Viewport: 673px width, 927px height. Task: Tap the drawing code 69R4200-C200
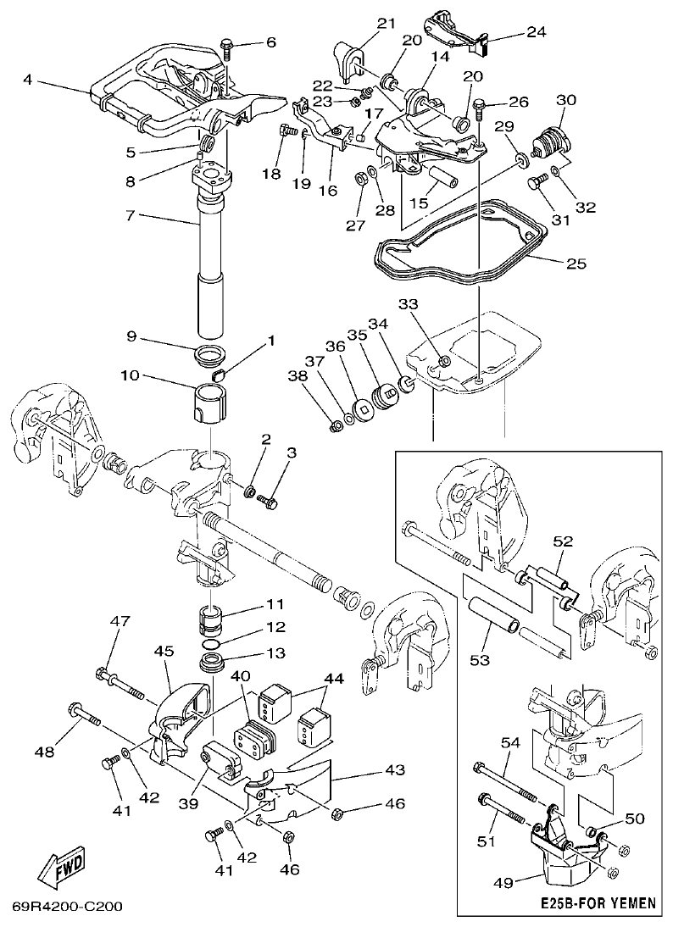pos(67,907)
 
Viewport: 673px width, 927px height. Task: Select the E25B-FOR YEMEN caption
pos(598,903)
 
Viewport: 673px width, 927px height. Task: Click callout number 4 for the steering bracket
pos(28,80)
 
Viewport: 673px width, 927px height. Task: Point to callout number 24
pos(536,32)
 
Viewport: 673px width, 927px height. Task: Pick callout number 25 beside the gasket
pos(576,264)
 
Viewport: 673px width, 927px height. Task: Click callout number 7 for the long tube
pos(130,217)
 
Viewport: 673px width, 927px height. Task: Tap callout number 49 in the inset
pos(503,883)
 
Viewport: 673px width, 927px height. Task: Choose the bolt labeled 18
pos(286,131)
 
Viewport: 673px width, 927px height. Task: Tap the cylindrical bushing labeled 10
pos(209,401)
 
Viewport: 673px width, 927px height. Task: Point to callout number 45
pos(164,652)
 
